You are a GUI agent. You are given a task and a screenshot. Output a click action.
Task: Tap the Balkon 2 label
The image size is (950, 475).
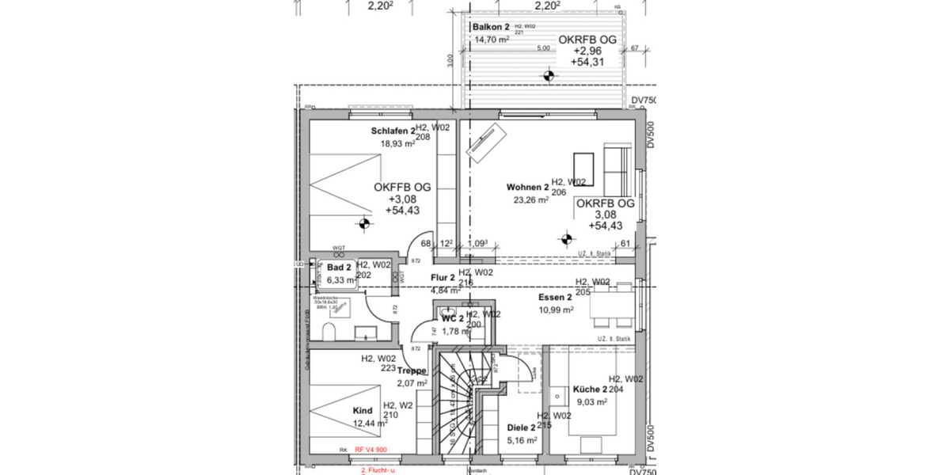point(491,28)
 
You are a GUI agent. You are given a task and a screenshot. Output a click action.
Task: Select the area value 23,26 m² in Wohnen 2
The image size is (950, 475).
point(531,200)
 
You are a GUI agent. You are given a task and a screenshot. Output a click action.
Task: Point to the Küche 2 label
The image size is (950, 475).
point(590,390)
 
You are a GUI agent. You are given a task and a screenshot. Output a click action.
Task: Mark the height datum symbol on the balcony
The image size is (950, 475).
point(547,76)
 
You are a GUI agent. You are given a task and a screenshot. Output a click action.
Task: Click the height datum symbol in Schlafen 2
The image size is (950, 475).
point(363,223)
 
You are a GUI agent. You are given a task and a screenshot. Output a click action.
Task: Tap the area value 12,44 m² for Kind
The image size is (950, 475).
point(370,424)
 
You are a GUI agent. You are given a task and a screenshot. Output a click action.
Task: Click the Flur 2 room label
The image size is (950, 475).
point(443,278)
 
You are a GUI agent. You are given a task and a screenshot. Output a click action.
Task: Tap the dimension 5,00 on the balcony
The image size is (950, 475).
point(543,48)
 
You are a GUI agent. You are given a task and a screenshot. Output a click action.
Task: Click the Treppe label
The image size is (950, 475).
point(412,370)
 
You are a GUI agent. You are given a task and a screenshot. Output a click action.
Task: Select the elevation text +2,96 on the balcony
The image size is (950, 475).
point(587,50)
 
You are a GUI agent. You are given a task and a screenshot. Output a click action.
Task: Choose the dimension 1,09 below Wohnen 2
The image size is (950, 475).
point(479,244)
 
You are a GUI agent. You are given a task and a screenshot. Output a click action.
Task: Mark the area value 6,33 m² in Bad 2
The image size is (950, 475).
point(342,279)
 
